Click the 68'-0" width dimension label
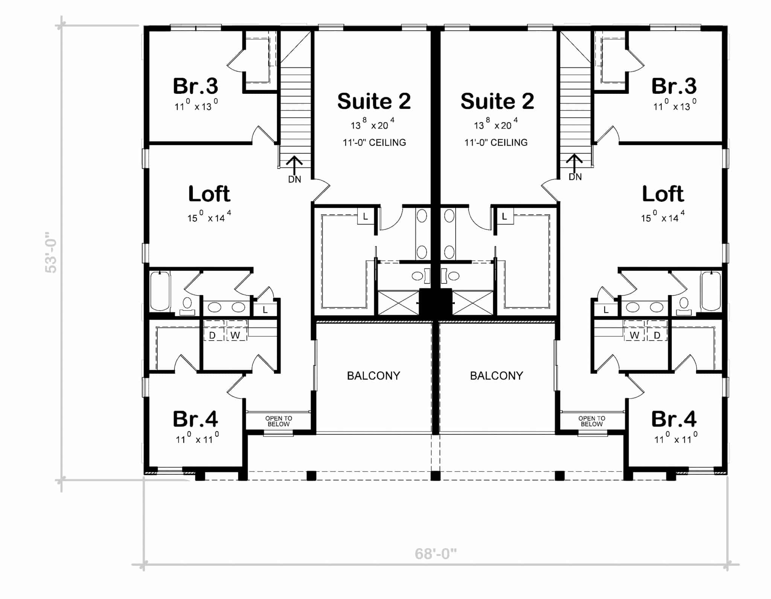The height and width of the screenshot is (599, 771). pyautogui.click(x=436, y=554)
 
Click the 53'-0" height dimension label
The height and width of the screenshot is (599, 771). pyautogui.click(x=51, y=252)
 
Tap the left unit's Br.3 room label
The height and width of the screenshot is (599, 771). pyautogui.click(x=195, y=86)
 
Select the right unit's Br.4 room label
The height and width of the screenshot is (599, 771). pyautogui.click(x=674, y=419)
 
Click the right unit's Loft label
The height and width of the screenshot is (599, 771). pyautogui.click(x=663, y=194)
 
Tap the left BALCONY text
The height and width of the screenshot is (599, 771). pyautogui.click(x=373, y=376)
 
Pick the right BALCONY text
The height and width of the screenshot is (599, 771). pyautogui.click(x=497, y=376)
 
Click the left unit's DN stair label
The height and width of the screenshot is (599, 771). pyautogui.click(x=294, y=180)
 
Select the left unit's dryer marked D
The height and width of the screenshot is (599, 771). pyautogui.click(x=212, y=335)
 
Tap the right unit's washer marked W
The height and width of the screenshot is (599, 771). pyautogui.click(x=634, y=335)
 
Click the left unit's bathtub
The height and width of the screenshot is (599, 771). pyautogui.click(x=160, y=291)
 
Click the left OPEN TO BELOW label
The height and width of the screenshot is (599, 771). pyautogui.click(x=279, y=421)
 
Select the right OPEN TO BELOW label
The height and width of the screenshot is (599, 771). pyautogui.click(x=592, y=421)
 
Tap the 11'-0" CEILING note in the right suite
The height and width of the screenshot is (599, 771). pyautogui.click(x=496, y=142)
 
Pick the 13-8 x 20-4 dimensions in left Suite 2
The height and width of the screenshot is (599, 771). pyautogui.click(x=372, y=124)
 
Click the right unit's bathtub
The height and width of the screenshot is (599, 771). pyautogui.click(x=711, y=291)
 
